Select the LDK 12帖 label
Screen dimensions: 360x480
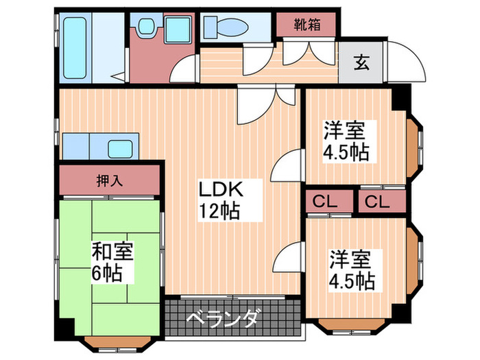pos(219,200)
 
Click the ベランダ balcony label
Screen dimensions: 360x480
pos(223,320)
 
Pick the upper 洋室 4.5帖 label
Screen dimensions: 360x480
pos(347,140)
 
